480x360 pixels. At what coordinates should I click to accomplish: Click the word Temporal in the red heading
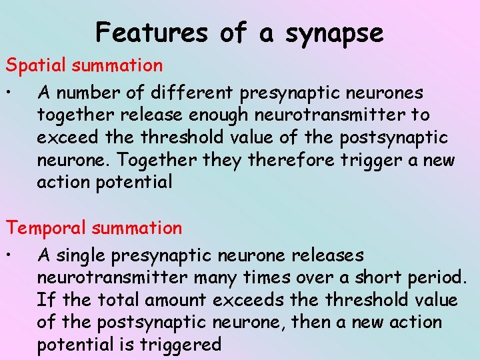[x=47, y=228]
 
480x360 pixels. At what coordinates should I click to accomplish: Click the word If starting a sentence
[x=45, y=300]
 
